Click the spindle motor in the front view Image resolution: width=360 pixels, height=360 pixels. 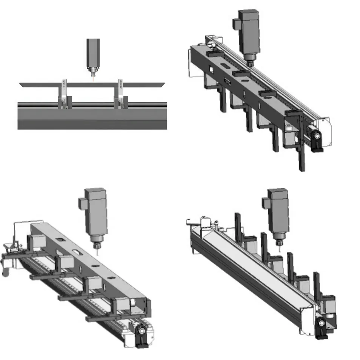93,53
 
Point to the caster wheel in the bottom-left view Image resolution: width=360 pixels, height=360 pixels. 5,271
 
